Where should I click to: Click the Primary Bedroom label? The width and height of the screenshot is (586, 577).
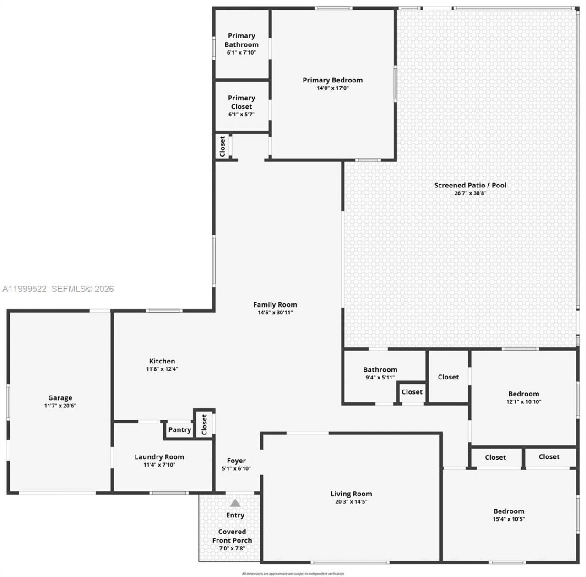332,80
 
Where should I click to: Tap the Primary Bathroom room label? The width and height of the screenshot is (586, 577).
241,40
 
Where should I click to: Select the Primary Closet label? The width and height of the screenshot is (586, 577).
241,102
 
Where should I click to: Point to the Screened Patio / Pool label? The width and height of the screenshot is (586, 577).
470,185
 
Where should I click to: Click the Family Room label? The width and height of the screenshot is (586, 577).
275,305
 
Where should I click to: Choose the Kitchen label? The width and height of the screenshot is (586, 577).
162,361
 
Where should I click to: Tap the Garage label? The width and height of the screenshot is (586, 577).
60,398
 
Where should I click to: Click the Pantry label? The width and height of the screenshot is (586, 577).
179,429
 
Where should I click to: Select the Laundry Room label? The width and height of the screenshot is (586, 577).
159,457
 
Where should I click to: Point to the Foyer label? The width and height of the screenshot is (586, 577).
236,461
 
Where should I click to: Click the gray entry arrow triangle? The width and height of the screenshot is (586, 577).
235,503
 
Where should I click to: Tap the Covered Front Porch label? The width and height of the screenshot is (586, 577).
232,536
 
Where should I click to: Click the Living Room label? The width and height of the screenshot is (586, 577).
351,494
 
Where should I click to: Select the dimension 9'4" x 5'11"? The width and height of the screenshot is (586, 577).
380,378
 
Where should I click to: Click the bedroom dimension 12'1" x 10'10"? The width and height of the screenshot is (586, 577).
524,402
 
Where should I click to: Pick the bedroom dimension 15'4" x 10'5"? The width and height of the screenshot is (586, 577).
509,519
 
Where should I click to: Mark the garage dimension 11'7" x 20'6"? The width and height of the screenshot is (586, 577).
60,406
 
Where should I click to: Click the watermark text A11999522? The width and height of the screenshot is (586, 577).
24,289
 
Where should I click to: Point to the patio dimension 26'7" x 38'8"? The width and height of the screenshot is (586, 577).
470,193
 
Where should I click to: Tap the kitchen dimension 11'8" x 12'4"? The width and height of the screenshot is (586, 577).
162,369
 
